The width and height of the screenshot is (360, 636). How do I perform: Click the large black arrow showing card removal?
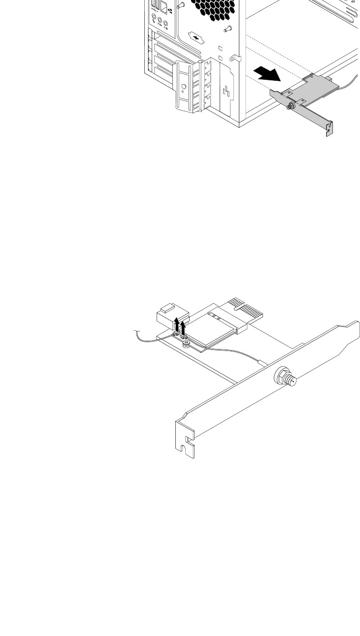(x=266, y=74)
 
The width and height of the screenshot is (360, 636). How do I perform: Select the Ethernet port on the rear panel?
(x=165, y=8)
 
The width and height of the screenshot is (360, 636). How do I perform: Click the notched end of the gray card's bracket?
(x=328, y=129)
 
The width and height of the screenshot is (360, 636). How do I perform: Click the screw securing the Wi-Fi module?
(x=186, y=345)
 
